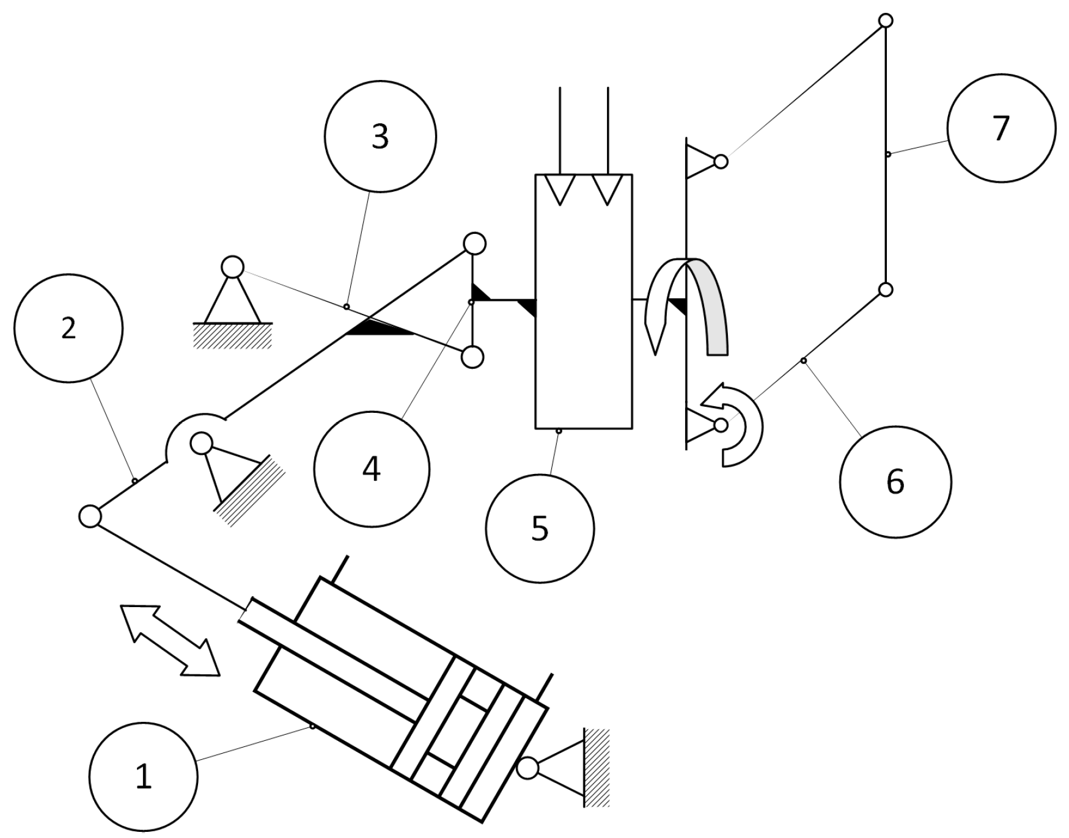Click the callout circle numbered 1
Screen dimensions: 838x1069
(143, 777)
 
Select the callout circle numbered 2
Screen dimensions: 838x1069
(68, 328)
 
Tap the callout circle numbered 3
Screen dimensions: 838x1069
(380, 136)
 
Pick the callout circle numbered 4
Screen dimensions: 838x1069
(372, 469)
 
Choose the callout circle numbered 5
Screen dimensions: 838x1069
(540, 528)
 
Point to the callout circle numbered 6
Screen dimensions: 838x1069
(895, 482)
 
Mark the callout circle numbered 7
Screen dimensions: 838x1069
(1001, 128)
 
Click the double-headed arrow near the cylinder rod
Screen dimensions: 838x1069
(170, 641)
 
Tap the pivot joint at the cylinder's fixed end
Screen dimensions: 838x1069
(527, 768)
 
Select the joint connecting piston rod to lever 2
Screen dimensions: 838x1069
(90, 516)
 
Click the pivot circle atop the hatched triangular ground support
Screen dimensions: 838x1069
(232, 267)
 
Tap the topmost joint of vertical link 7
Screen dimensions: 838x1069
(885, 21)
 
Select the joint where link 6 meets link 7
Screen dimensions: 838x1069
(885, 289)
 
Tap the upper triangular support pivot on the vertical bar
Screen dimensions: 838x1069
(721, 161)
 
